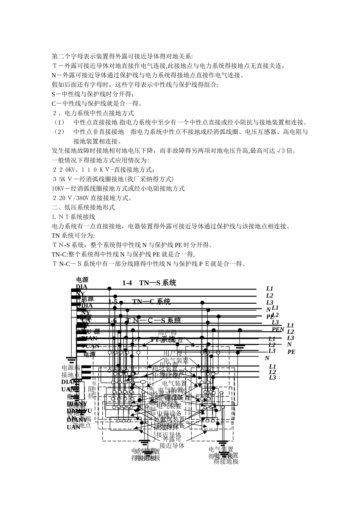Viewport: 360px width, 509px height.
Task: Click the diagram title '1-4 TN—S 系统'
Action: click(x=149, y=283)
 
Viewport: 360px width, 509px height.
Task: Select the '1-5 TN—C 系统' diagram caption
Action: click(x=139, y=301)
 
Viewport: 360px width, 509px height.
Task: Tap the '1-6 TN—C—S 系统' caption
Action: click(x=144, y=320)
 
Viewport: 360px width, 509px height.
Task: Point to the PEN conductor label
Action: click(x=278, y=329)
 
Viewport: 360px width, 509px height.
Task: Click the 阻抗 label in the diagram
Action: click(x=91, y=392)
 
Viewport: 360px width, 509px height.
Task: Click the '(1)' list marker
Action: click(x=59, y=122)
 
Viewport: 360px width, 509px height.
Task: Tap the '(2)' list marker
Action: click(x=59, y=132)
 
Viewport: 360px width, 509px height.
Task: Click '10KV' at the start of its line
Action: click(x=58, y=188)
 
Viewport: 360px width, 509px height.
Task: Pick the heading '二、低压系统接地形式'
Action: click(x=83, y=207)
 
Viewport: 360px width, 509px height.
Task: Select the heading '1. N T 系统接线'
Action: click(x=74, y=217)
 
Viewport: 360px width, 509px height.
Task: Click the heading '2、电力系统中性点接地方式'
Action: click(x=93, y=113)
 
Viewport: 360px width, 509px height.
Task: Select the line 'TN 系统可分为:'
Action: click(x=70, y=236)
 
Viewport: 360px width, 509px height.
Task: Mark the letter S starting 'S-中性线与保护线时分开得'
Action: click(x=53, y=94)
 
